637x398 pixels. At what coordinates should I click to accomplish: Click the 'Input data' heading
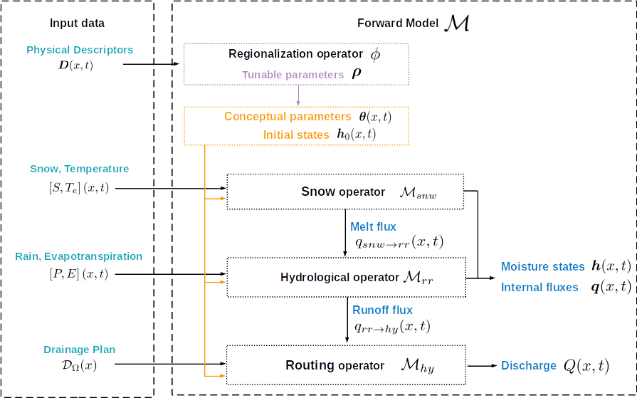coord(77,23)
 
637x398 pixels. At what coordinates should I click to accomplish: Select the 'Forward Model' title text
coord(396,23)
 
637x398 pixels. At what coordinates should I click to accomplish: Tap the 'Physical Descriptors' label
coord(80,51)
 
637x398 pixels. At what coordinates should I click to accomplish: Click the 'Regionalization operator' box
coord(296,63)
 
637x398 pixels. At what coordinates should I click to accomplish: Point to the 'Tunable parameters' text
coord(293,75)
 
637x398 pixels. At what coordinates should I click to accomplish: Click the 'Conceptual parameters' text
coord(287,117)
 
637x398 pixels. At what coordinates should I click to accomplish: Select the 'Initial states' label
coord(296,135)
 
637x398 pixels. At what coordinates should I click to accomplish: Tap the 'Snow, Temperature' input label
coord(80,169)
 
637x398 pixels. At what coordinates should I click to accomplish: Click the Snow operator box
coord(344,192)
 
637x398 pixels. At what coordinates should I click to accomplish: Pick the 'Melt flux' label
coord(374,227)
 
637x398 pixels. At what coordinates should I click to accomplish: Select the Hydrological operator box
coord(344,277)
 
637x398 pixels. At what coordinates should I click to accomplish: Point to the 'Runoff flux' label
coord(383,310)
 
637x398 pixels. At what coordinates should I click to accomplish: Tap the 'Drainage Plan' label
coord(79,350)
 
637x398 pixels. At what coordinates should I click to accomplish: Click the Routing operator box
coord(344,365)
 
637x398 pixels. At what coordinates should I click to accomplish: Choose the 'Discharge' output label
coord(529,366)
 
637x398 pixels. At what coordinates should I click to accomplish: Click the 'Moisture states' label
coord(542,267)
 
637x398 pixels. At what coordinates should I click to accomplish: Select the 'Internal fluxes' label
coord(540,288)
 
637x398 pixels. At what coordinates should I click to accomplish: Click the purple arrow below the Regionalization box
coord(298,95)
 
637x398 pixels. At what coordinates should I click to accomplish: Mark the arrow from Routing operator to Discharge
coord(482,366)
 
